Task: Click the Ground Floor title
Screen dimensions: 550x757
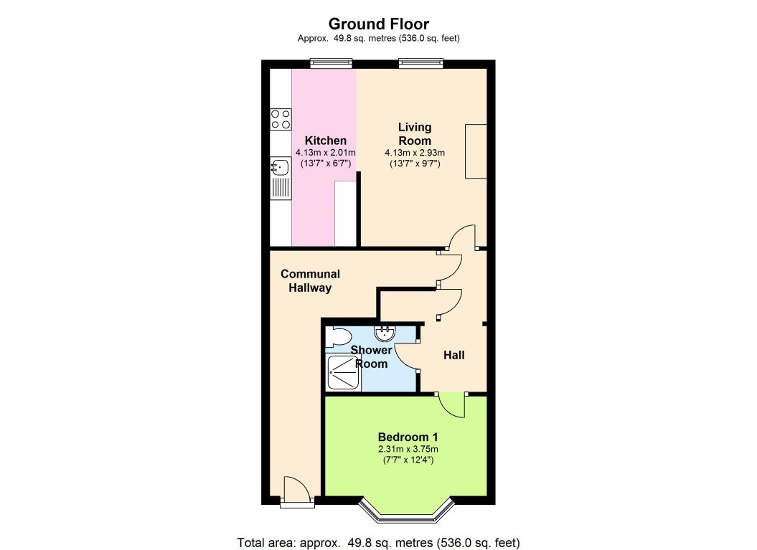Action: point(378,24)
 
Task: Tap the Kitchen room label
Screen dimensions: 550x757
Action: point(325,141)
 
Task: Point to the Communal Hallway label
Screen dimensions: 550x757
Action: point(310,281)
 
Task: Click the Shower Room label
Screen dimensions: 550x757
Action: point(371,357)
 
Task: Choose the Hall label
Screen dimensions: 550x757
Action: point(454,355)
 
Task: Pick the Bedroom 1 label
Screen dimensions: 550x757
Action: point(408,437)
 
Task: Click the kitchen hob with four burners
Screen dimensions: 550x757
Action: point(281,119)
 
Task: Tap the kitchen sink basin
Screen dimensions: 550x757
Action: point(278,168)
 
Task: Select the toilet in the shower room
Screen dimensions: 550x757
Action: point(337,337)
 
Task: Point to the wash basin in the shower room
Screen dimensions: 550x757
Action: point(385,331)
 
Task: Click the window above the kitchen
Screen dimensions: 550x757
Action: point(332,64)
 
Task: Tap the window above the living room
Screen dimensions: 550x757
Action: point(420,64)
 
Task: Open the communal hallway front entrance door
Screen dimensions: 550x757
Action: point(296,493)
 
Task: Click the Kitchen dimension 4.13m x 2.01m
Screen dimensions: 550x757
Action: point(325,153)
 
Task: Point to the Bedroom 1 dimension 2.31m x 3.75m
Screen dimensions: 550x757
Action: point(408,450)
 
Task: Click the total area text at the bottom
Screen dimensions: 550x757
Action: point(378,541)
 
